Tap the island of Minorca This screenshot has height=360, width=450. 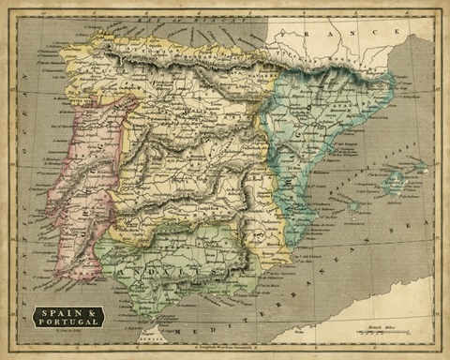point(420,169)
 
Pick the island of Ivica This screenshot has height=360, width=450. point(353,205)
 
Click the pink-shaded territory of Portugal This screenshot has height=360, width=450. point(80,187)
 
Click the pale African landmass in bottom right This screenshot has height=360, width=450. point(375,309)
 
